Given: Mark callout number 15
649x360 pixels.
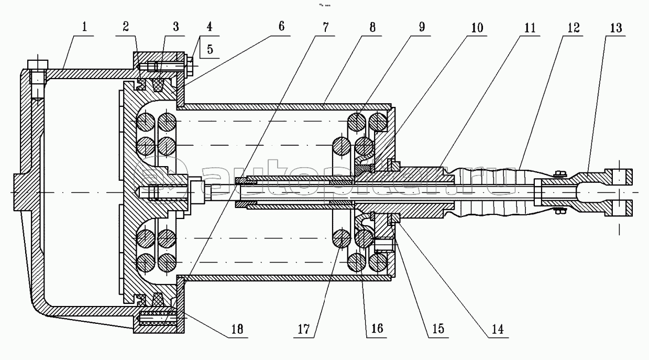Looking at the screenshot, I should [438, 329].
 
